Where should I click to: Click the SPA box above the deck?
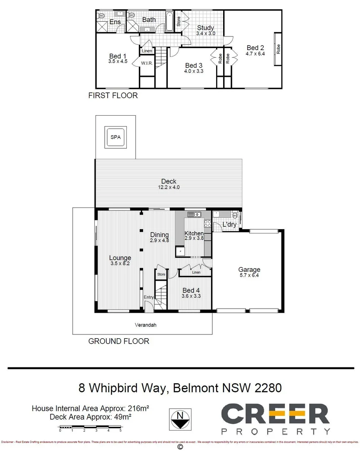tap(115, 137)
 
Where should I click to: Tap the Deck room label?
tap(169, 181)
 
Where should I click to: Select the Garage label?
tap(249, 269)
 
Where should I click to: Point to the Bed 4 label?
tap(191, 290)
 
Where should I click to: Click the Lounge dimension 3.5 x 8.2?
tap(120, 264)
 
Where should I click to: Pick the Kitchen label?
tap(194, 233)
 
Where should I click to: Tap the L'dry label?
tap(229, 225)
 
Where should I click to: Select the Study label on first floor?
tap(205, 28)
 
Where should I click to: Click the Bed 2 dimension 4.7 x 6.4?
tap(255, 53)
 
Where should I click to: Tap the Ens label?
tap(115, 22)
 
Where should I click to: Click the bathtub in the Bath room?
tap(169, 22)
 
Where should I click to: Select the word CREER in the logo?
tap(275, 414)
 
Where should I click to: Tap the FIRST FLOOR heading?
tap(113, 96)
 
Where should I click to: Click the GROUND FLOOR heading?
tap(118, 341)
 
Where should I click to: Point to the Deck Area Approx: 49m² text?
tap(99, 417)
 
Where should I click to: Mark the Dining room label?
tap(159, 235)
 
